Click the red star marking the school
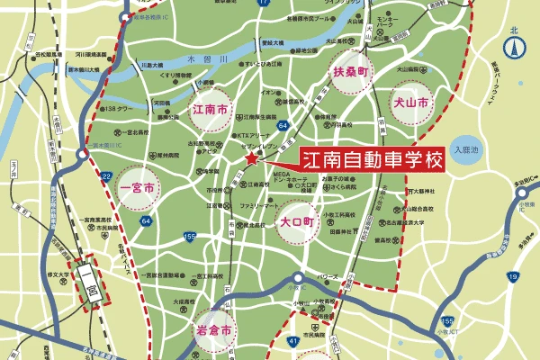[x=250, y=159]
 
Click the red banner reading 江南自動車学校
[x=372, y=161]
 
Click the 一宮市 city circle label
[x=142, y=190]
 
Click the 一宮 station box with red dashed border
[x=92, y=287]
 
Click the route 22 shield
[x=107, y=175]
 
